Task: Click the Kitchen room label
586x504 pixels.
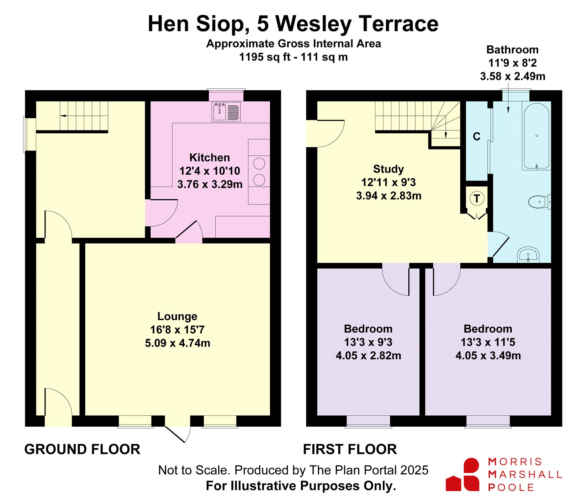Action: click(209, 157)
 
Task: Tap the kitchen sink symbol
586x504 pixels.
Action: click(226, 112)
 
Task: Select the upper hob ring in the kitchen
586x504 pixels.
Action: click(259, 164)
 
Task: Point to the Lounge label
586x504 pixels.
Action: click(177, 316)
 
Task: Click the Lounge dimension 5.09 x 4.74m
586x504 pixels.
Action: click(178, 343)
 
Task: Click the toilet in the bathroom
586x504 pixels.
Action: click(539, 201)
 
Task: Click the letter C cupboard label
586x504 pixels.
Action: click(476, 137)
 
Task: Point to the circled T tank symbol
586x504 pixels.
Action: click(477, 199)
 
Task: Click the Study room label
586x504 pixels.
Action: click(389, 169)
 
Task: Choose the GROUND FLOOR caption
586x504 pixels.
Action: click(82, 449)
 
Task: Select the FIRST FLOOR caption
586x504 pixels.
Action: click(350, 449)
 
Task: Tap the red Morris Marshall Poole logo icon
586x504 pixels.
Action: click(463, 474)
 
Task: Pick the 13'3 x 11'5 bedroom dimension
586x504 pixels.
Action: click(488, 342)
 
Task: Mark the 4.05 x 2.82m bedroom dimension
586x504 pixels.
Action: click(368, 356)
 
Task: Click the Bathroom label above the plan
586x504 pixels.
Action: click(512, 49)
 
